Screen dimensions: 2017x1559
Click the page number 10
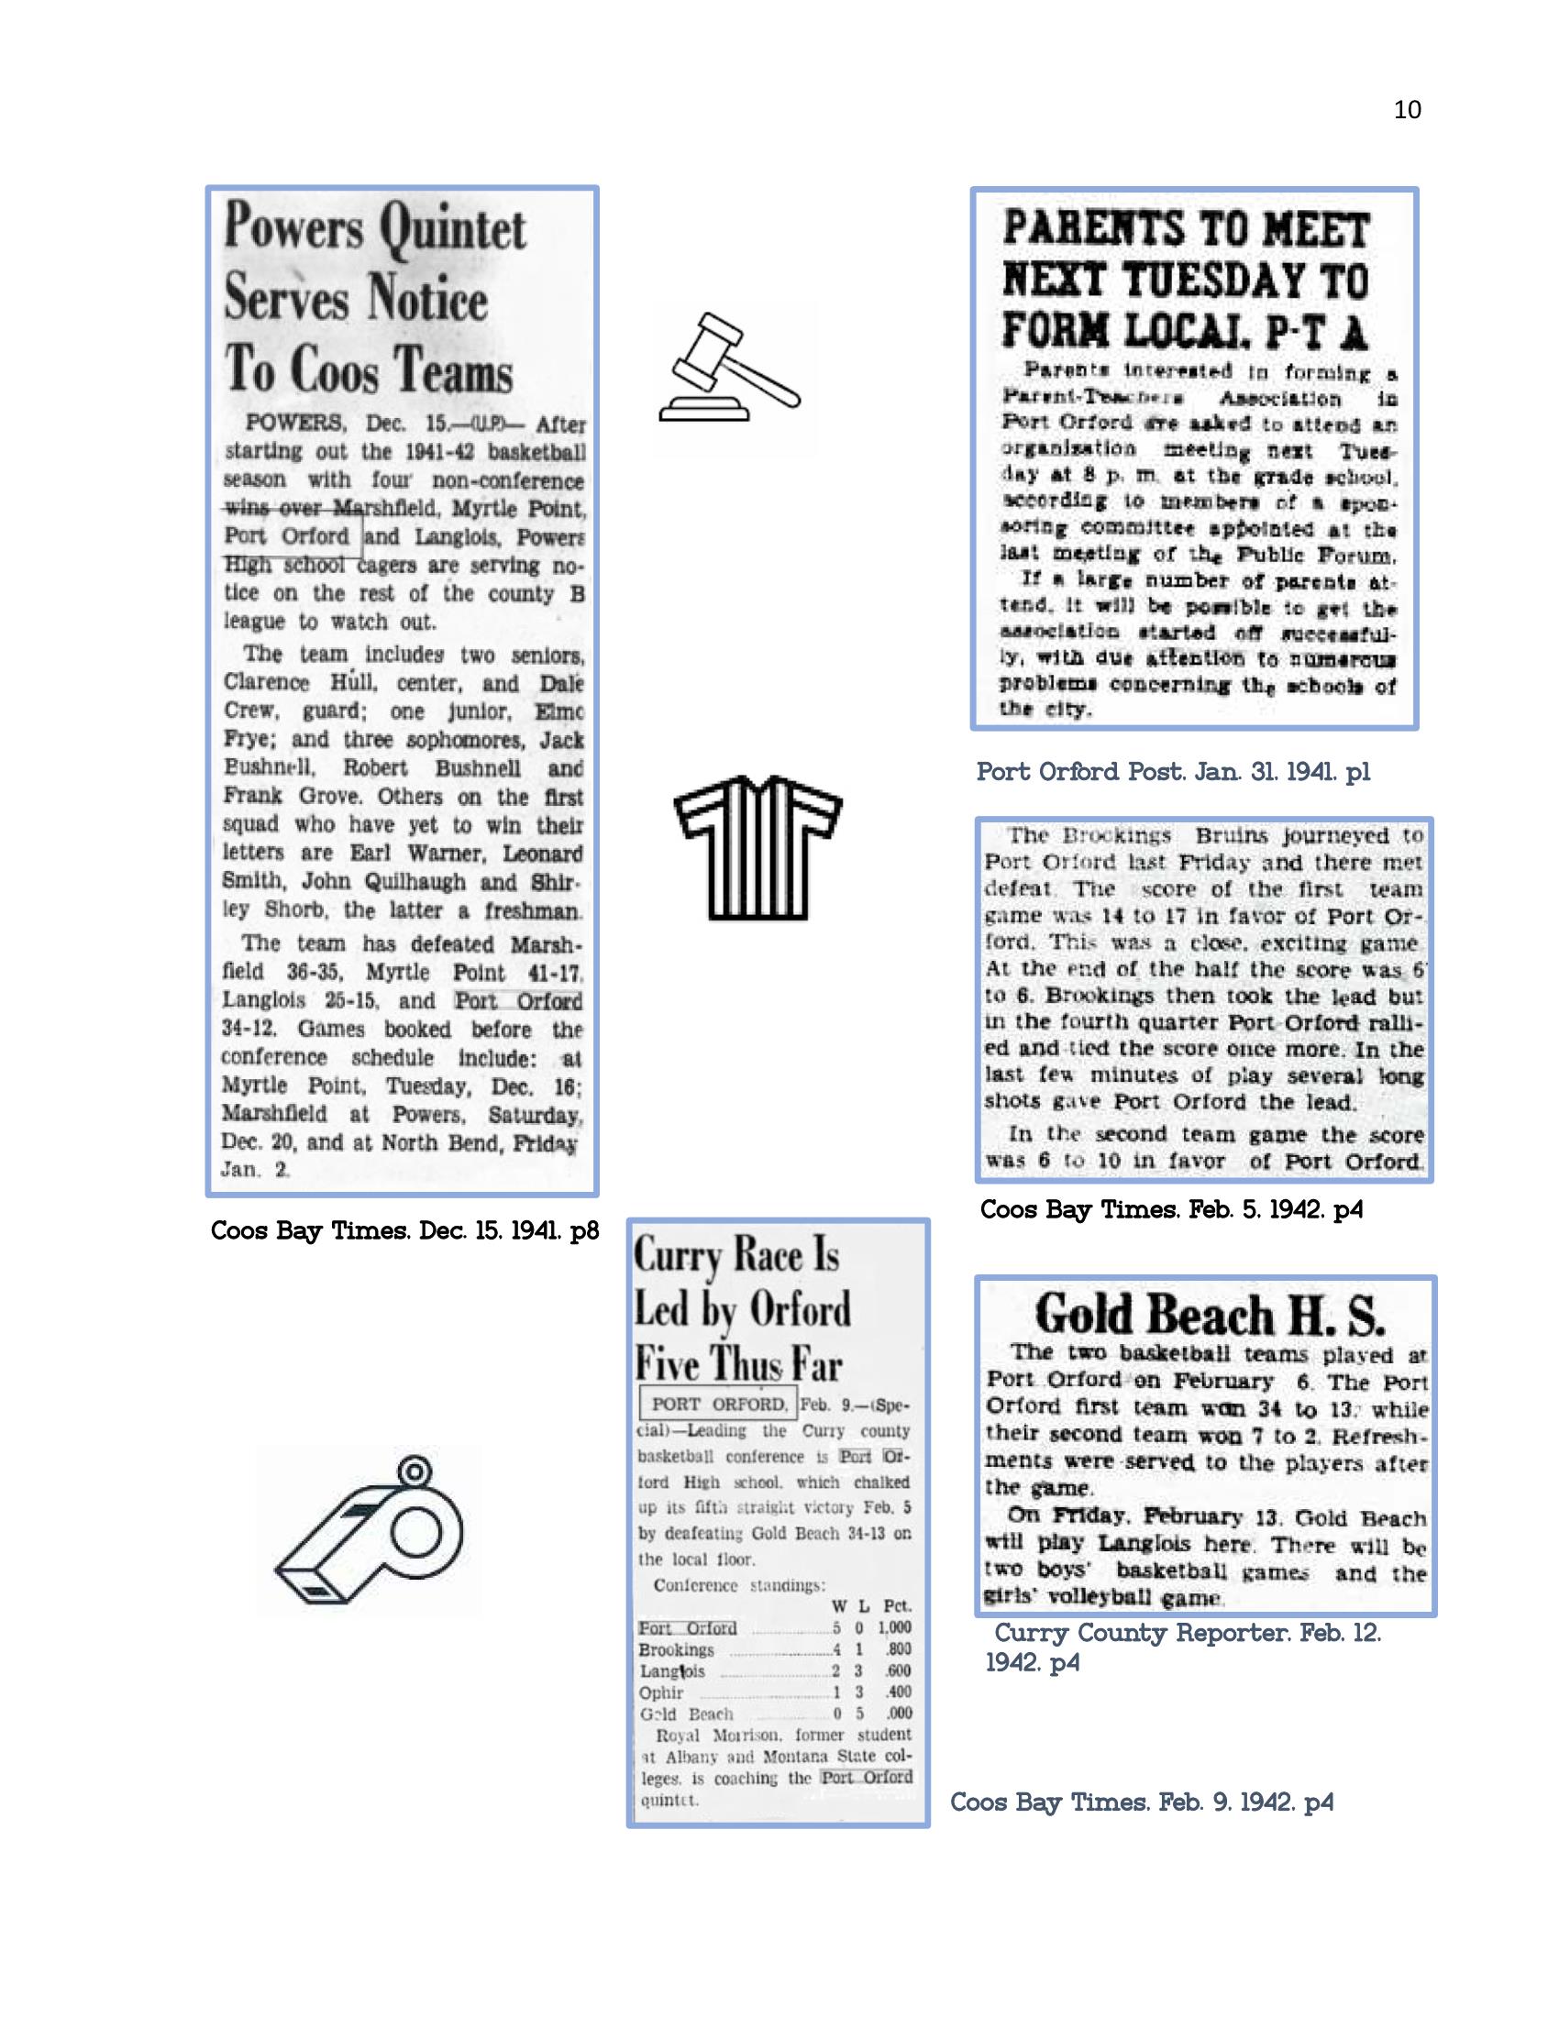click(x=1407, y=110)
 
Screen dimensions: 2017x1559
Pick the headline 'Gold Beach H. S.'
click(x=1208, y=1315)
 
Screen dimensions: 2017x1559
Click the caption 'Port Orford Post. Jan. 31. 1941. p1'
click(x=1173, y=772)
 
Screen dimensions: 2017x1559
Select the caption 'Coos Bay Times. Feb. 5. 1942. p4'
click(x=1171, y=1209)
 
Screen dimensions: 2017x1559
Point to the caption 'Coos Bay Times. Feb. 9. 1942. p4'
click(x=1142, y=1802)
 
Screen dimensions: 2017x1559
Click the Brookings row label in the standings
click(x=676, y=1649)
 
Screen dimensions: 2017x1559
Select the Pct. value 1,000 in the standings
click(x=894, y=1628)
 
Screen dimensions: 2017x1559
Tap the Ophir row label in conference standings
click(x=661, y=1692)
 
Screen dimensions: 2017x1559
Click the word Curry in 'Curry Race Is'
click(x=678, y=1257)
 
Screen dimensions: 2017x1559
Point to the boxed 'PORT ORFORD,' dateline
click(x=718, y=1405)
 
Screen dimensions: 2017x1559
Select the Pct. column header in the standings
click(x=896, y=1606)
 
